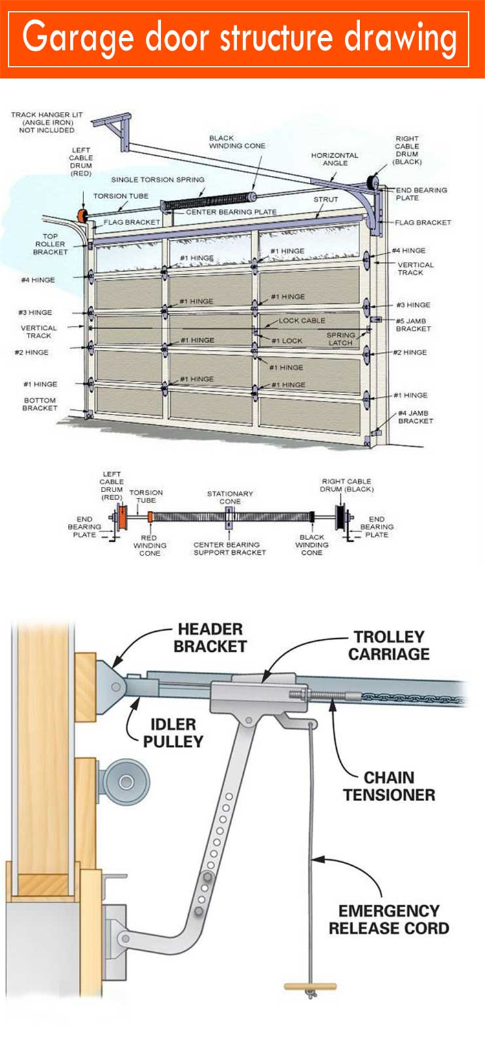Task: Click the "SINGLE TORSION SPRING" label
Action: click(158, 180)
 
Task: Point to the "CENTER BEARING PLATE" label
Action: click(231, 212)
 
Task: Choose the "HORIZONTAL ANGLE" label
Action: click(334, 159)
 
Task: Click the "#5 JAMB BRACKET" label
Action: click(413, 325)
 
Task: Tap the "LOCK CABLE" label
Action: click(302, 321)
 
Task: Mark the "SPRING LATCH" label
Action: click(340, 339)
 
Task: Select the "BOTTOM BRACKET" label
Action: click(39, 404)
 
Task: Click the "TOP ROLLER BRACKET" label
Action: click(50, 244)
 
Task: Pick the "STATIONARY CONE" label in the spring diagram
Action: click(230, 497)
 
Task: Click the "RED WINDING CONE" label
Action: click(149, 545)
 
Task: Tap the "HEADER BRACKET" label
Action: click(210, 638)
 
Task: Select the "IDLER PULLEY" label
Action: click(173, 733)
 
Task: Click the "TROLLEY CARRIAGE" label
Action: click(389, 645)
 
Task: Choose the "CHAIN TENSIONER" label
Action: click(389, 786)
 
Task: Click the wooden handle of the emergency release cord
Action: click(310, 987)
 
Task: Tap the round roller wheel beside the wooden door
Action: click(126, 782)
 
